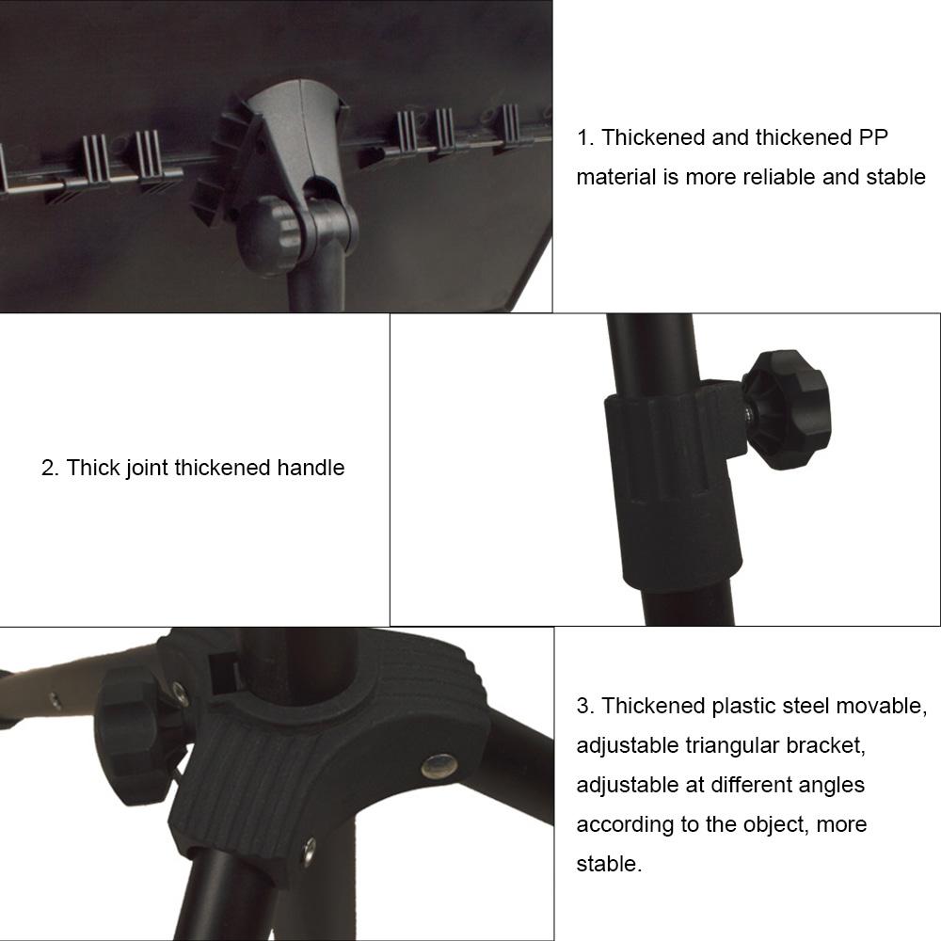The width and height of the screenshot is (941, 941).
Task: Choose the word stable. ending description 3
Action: (x=609, y=864)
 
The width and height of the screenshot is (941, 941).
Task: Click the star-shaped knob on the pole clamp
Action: (x=787, y=410)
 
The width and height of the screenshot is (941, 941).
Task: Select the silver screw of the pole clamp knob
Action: (x=746, y=412)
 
